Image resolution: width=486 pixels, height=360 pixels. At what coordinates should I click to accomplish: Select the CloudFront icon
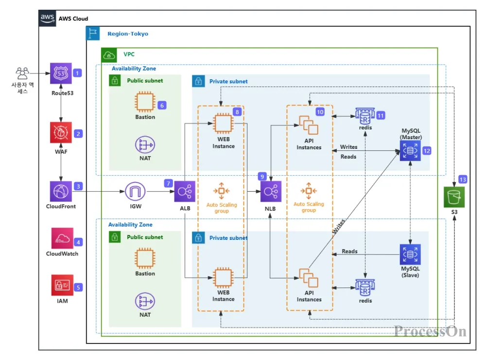pos(61,191)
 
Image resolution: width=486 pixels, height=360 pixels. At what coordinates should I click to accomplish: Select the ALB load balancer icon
pos(185,191)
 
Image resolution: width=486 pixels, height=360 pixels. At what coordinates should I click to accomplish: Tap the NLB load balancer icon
pos(271,191)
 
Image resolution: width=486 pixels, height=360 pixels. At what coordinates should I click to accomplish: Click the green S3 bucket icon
pos(454,197)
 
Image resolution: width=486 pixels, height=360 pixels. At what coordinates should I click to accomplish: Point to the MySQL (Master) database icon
pos(410,151)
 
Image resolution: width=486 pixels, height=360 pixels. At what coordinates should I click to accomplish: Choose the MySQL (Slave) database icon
pos(410,254)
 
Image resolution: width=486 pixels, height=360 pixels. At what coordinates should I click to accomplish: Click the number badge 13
pos(463,180)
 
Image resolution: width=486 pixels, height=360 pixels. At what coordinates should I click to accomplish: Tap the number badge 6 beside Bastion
pos(162,105)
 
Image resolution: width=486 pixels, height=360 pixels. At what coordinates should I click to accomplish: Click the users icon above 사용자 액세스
pos(22,73)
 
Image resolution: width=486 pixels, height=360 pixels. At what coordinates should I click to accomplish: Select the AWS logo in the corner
pos(47,18)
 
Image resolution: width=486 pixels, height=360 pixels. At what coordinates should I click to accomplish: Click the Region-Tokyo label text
pos(128,34)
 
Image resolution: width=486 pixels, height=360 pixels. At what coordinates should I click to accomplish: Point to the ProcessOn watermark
pos(430,332)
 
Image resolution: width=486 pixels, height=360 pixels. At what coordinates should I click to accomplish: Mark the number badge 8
pos(237,111)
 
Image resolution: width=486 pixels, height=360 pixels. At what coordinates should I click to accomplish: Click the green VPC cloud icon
pos(108,54)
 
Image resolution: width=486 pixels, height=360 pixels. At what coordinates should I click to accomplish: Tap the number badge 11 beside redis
pos(381,115)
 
